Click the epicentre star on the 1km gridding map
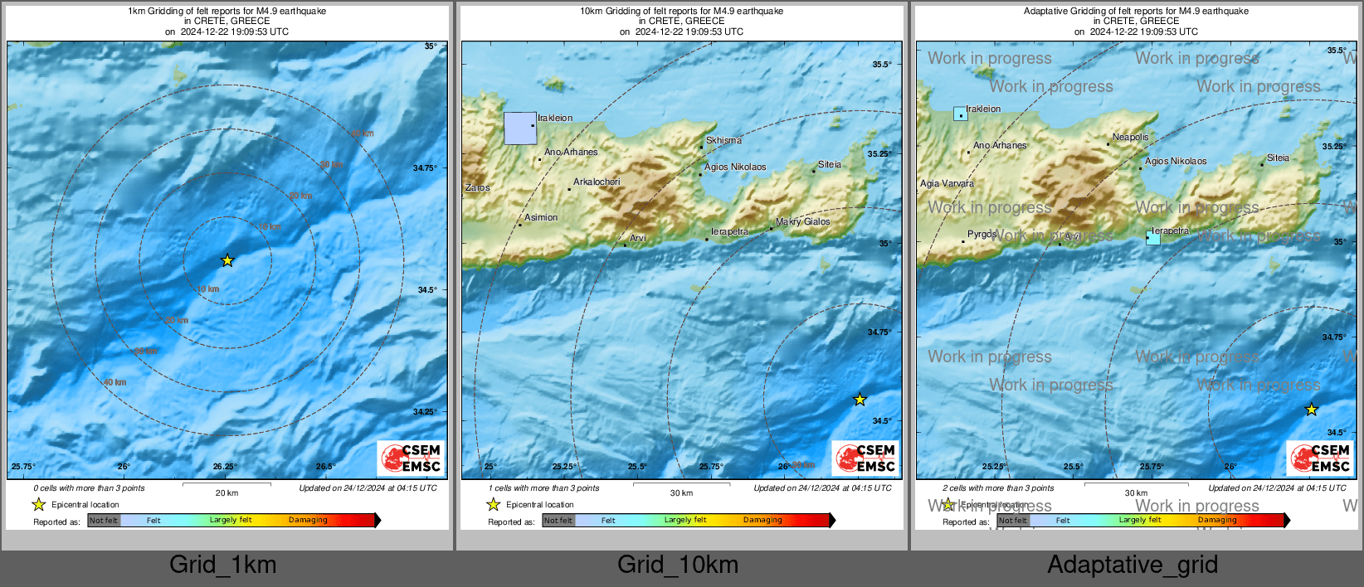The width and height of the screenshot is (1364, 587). [x=227, y=260]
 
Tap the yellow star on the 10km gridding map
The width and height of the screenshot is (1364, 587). [x=860, y=400]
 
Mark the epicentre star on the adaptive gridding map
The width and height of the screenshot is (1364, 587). [x=1311, y=409]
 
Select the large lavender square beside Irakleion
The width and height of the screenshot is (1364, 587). [x=520, y=129]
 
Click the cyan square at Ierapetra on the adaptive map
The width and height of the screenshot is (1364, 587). [x=1152, y=238]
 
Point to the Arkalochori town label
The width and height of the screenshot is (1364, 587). [x=597, y=182]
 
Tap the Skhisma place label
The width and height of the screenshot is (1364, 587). [x=723, y=140]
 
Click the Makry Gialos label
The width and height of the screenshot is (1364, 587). [x=802, y=221]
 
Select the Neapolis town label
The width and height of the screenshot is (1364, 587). [x=1130, y=137]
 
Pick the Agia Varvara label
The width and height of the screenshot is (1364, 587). [x=947, y=183]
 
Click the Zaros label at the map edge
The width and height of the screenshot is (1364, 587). [x=477, y=187]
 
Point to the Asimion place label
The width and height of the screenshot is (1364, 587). [x=541, y=217]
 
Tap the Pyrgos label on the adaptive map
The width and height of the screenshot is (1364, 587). [x=982, y=234]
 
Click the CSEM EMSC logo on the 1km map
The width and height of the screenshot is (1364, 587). [x=412, y=458]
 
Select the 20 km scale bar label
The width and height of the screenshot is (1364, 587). [x=227, y=492]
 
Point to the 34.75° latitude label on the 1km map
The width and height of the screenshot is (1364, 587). [x=424, y=167]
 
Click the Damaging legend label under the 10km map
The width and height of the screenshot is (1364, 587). [x=762, y=520]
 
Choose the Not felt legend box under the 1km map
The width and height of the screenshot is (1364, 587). [x=104, y=521]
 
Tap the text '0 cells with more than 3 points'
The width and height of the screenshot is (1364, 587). [x=89, y=488]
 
